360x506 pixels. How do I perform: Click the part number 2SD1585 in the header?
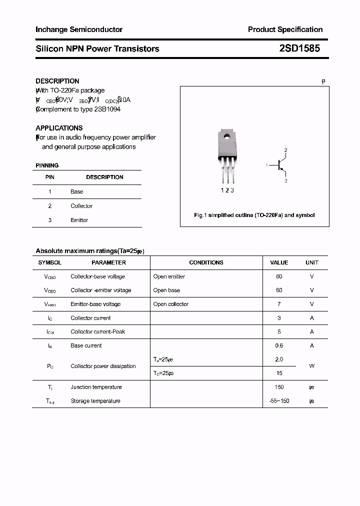(x=299, y=48)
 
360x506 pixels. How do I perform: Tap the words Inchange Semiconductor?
(x=79, y=29)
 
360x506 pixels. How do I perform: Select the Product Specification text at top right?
(x=285, y=29)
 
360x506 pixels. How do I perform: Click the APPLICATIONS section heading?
(x=59, y=128)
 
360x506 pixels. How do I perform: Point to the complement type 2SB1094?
(x=107, y=109)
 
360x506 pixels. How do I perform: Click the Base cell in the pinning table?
(x=77, y=191)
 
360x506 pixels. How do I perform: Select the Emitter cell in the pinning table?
(x=79, y=220)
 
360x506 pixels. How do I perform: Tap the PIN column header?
(x=50, y=177)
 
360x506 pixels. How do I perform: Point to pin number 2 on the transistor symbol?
(x=285, y=150)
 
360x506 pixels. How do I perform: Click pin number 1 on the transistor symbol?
(x=267, y=165)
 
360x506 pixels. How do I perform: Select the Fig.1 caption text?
(x=254, y=215)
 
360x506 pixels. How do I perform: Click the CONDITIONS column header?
(x=206, y=262)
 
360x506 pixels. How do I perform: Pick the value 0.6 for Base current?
(x=279, y=345)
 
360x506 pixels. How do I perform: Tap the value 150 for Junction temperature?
(x=279, y=387)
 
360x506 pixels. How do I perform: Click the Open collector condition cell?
(x=171, y=304)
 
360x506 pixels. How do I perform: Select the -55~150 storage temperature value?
(x=279, y=401)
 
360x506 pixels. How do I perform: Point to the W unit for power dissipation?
(x=311, y=366)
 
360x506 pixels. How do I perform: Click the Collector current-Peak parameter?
(x=97, y=331)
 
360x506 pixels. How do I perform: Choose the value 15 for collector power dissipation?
(x=279, y=373)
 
